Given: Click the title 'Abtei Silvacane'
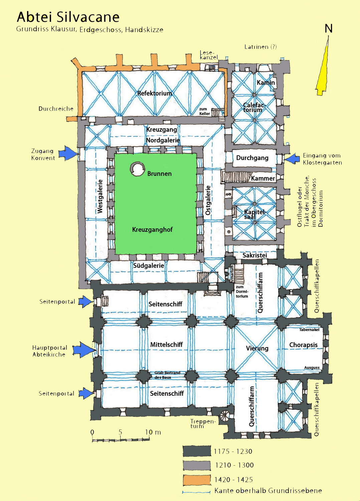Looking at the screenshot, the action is [68, 17].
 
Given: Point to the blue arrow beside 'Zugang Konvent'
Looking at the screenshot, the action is [68, 153].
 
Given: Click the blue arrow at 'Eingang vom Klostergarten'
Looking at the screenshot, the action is [293, 159].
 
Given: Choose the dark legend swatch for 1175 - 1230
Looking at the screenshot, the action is [197, 451].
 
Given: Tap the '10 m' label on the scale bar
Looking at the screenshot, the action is [153, 432].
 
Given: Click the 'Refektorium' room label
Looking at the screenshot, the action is [155, 93].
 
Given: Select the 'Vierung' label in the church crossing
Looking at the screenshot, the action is [257, 348].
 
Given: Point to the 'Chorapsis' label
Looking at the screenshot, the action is [303, 345].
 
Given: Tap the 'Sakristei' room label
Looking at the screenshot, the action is [255, 255].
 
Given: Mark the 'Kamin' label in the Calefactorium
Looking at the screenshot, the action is [265, 83].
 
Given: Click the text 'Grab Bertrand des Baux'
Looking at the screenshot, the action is [167, 375].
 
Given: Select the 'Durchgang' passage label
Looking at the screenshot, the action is [252, 158].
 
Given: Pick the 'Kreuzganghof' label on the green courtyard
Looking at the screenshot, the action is [152, 230].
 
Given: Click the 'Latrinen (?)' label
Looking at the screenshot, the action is [260, 47].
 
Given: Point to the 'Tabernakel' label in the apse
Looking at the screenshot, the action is [309, 330].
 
